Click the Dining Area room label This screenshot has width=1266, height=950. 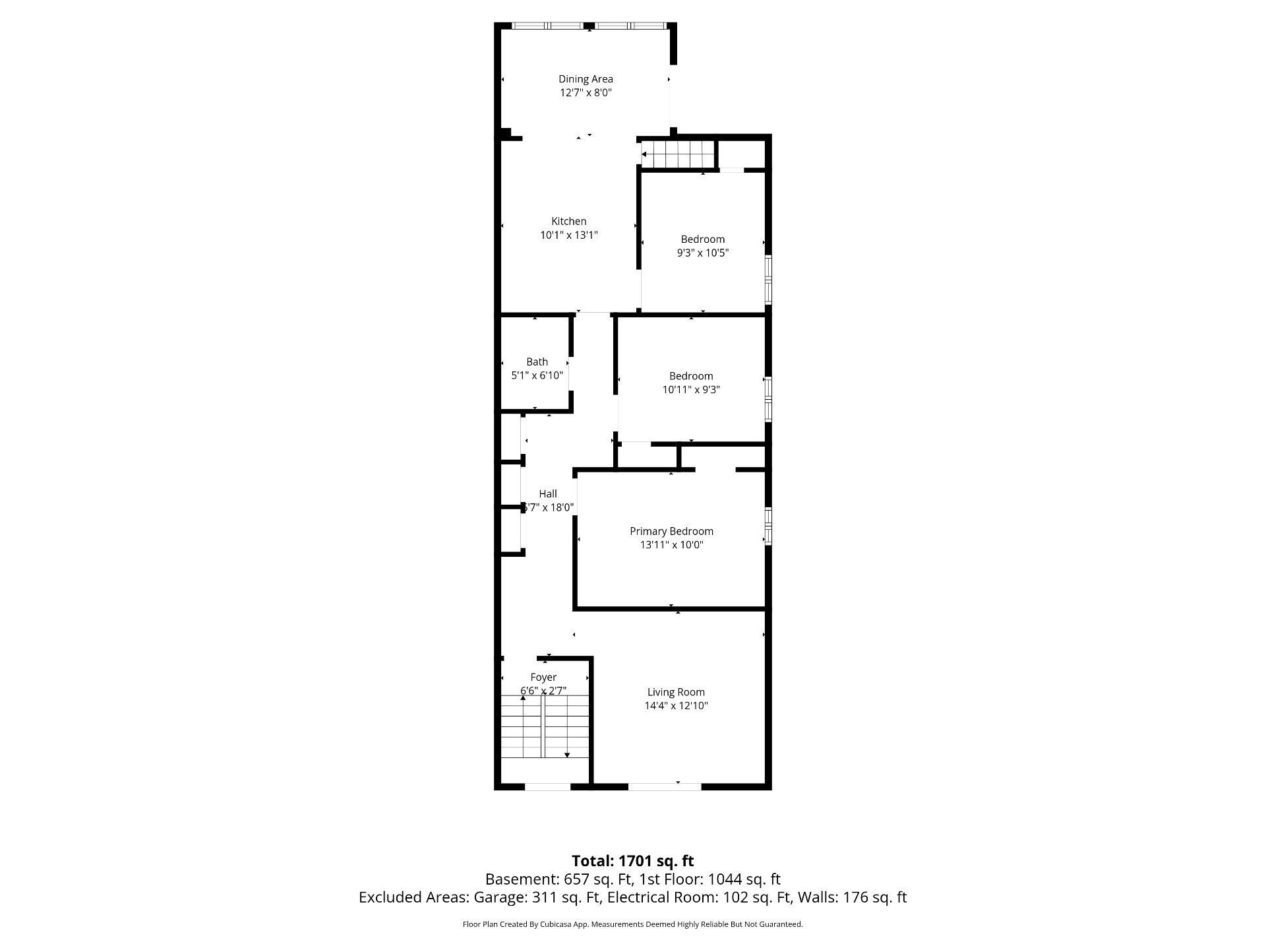586,79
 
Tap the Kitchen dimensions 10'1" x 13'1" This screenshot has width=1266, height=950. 569,235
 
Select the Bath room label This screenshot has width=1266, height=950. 537,362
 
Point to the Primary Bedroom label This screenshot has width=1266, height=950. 671,532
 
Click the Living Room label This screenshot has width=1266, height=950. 676,692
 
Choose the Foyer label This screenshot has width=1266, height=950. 543,678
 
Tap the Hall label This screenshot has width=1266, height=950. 548,493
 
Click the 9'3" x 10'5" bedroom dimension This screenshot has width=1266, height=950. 703,253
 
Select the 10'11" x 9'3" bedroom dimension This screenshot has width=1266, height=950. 691,389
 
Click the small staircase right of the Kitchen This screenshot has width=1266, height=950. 678,154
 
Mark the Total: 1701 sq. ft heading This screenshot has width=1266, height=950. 633,861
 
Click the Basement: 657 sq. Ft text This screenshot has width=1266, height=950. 559,879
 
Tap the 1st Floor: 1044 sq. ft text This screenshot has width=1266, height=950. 711,879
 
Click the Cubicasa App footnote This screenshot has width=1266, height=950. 633,924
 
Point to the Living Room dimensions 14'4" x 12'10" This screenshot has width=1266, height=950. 677,706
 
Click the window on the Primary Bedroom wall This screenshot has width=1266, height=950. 768,526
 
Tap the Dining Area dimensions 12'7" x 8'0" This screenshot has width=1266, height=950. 586,93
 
